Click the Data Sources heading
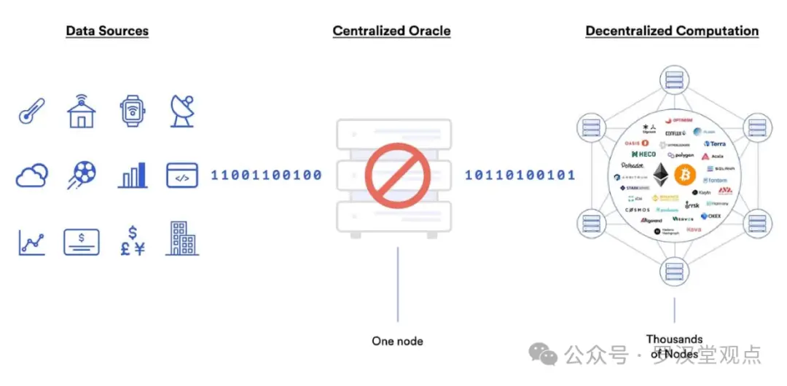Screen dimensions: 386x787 click(107, 31)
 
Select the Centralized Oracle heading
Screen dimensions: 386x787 click(391, 31)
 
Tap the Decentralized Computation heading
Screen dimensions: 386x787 click(672, 31)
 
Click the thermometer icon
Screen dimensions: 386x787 click(31, 111)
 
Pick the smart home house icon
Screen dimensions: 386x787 click(82, 111)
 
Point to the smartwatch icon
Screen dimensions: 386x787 click(132, 111)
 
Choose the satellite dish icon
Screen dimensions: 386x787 click(182, 111)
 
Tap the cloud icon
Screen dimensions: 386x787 click(32, 175)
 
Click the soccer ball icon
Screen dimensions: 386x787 click(82, 175)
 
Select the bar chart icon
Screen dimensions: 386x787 click(133, 175)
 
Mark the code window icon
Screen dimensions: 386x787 click(182, 175)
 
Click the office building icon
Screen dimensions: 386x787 click(182, 239)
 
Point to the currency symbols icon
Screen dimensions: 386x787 click(132, 240)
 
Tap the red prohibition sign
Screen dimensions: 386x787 click(393, 175)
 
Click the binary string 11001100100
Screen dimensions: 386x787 click(267, 176)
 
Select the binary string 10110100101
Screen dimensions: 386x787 click(520, 176)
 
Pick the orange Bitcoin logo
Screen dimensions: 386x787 click(685, 175)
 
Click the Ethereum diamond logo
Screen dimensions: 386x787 click(662, 175)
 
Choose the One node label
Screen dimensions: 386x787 click(397, 341)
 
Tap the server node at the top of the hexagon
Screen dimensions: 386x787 click(674, 79)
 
